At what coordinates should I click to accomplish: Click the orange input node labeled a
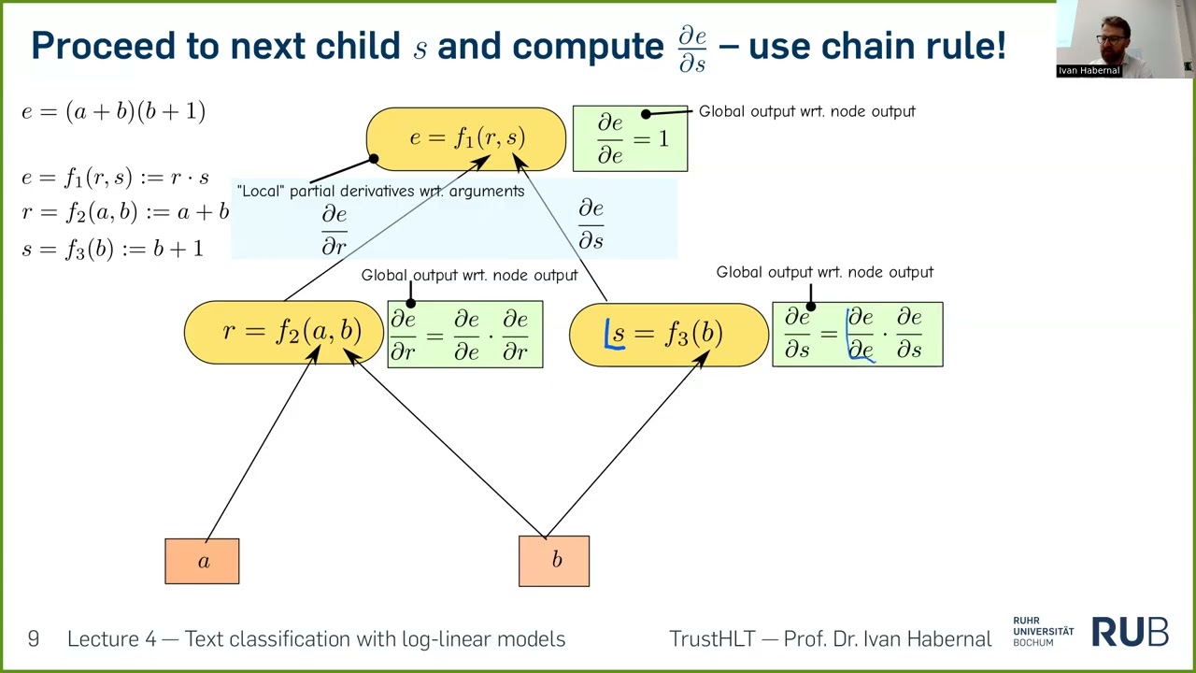click(x=202, y=561)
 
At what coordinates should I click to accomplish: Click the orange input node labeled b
click(x=554, y=561)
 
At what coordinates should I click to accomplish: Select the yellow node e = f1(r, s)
click(x=466, y=138)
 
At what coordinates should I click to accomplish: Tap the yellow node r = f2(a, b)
click(x=284, y=332)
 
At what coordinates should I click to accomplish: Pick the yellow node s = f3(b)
click(x=668, y=334)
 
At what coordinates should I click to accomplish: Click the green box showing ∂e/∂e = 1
click(x=630, y=138)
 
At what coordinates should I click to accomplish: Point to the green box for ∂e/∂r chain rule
click(x=464, y=334)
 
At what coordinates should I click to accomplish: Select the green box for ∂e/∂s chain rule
click(x=857, y=334)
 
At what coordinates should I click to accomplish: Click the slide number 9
click(x=34, y=639)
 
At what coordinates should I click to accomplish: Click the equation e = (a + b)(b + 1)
click(x=113, y=111)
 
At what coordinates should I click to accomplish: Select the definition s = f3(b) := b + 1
click(x=112, y=249)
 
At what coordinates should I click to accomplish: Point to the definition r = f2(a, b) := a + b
click(x=125, y=212)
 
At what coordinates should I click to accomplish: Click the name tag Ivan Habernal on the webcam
click(x=1089, y=70)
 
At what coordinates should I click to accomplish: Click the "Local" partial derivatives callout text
click(x=380, y=191)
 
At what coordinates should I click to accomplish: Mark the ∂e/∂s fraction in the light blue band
click(x=591, y=224)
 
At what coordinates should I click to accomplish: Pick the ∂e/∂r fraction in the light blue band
click(x=334, y=231)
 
